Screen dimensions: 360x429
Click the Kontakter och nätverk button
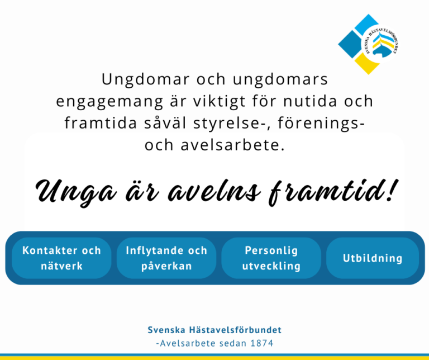(61, 258)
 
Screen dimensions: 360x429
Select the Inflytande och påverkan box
(166, 258)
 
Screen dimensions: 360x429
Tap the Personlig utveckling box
(271, 258)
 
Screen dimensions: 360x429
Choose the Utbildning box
(373, 258)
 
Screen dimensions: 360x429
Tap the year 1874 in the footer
(261, 343)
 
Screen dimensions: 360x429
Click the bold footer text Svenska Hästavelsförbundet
(214, 330)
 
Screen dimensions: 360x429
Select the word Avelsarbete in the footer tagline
(184, 343)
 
